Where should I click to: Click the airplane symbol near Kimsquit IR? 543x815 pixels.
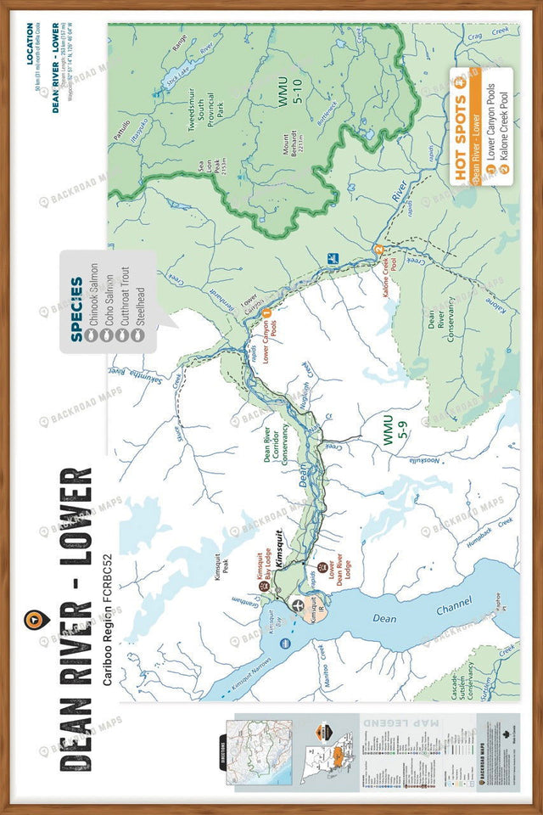point(298,604)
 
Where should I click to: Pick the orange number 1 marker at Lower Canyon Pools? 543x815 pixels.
point(266,313)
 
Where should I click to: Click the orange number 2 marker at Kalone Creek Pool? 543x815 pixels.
point(379,248)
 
